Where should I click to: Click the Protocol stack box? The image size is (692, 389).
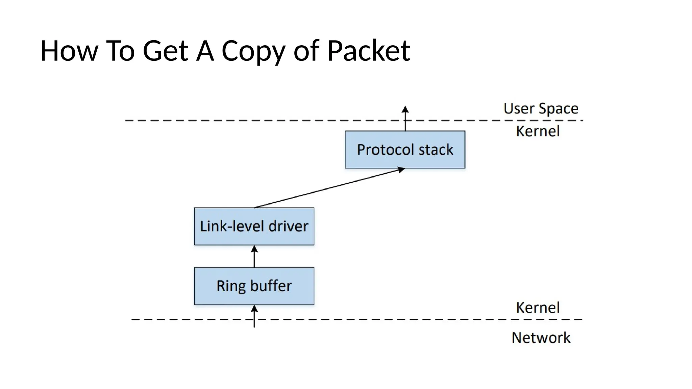coord(405,150)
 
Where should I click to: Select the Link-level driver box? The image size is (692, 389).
coord(254,226)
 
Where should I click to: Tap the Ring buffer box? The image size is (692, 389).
coord(254,286)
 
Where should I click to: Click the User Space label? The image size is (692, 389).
coord(541,109)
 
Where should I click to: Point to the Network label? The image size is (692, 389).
coord(541,338)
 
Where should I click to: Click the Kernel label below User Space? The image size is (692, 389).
coord(538,131)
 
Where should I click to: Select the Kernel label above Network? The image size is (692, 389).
coord(538,308)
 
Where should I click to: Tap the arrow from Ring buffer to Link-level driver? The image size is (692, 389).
coord(254,256)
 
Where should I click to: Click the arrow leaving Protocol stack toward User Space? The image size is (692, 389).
coord(405,118)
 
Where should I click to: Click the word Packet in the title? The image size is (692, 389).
coord(369,51)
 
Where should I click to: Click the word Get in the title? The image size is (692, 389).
coord(165,51)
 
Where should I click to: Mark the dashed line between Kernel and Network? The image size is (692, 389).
coord(372,319)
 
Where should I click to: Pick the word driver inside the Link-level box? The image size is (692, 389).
coord(288,226)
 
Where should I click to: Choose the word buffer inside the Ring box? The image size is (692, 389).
coord(271,286)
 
